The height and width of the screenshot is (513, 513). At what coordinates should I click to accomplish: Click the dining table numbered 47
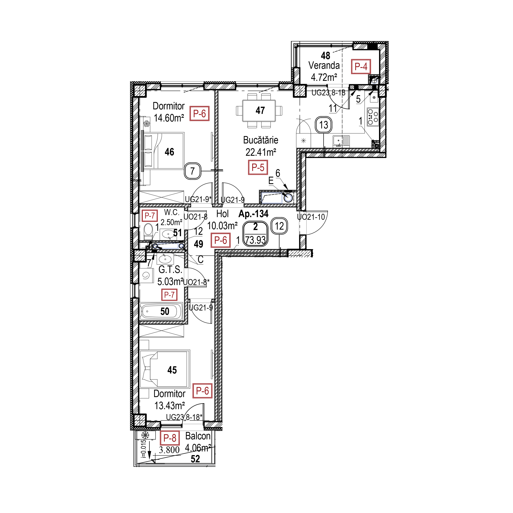click(259, 110)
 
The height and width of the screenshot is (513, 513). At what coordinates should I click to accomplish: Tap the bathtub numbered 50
click(162, 311)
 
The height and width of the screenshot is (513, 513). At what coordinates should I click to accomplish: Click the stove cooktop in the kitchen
click(373, 117)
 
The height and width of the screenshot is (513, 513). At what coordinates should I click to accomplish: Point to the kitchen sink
click(341, 141)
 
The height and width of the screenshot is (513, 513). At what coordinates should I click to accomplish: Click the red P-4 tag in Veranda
click(361, 66)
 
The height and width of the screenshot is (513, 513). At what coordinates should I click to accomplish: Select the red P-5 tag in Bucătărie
click(258, 167)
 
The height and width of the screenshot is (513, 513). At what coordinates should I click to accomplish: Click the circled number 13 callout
click(323, 125)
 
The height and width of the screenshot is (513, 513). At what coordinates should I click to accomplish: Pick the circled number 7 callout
click(193, 171)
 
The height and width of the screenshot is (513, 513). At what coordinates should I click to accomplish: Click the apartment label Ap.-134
click(254, 214)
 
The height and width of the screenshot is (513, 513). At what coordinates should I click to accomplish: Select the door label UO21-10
click(311, 217)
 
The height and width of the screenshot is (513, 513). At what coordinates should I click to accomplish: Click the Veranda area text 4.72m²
click(324, 78)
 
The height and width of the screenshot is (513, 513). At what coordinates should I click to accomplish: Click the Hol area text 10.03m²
click(222, 226)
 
